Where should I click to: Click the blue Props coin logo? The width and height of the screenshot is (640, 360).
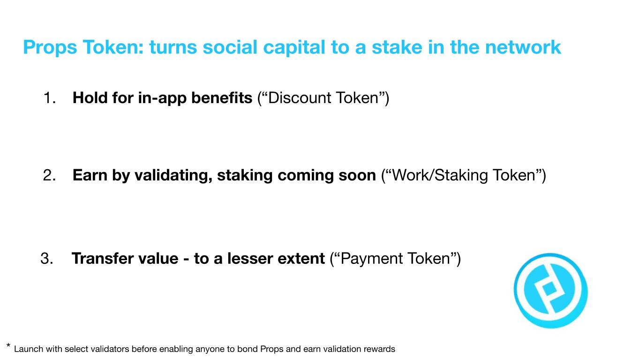[550, 291]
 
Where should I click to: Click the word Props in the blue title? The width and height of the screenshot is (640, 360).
[50, 48]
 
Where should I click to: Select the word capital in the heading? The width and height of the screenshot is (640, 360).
[294, 48]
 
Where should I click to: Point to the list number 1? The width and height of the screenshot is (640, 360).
[49, 97]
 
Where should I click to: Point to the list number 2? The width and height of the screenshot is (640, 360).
[49, 175]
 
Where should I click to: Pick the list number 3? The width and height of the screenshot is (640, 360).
[47, 258]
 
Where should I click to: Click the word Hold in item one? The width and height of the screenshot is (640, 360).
[90, 97]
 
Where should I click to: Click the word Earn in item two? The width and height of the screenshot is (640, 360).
[90, 175]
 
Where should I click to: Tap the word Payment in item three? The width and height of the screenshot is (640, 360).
[371, 259]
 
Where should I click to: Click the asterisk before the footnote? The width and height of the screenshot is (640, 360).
[8, 346]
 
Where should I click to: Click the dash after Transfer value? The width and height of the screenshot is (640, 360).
[186, 259]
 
